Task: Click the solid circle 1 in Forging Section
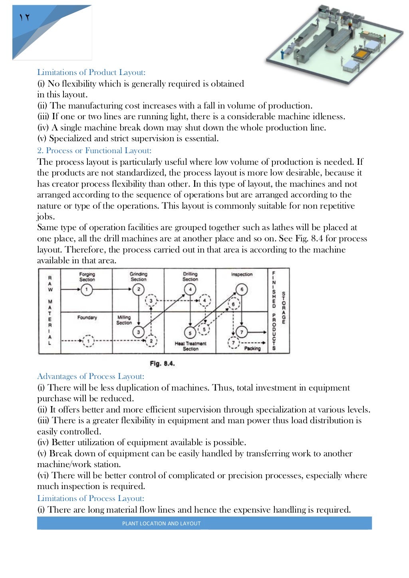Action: (87, 289)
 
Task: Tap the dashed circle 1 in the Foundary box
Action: (88, 341)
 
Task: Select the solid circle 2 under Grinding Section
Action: (138, 289)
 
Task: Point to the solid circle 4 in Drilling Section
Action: (190, 289)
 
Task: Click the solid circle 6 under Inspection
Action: (242, 289)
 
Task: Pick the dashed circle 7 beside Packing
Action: (233, 342)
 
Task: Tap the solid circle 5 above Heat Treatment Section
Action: (190, 333)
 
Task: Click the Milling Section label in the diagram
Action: (124, 320)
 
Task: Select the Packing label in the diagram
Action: (252, 348)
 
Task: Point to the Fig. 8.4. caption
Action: (162, 363)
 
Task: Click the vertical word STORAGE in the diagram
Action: (284, 308)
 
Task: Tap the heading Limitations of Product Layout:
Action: (91, 72)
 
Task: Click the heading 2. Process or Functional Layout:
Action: (94, 150)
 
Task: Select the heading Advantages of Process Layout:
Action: (91, 376)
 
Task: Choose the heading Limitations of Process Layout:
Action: (91, 498)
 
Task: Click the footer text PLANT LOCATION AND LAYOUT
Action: (161, 523)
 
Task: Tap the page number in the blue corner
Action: (24, 17)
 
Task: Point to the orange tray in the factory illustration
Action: (361, 52)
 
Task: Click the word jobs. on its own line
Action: (46, 217)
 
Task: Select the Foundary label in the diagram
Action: (87, 318)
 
